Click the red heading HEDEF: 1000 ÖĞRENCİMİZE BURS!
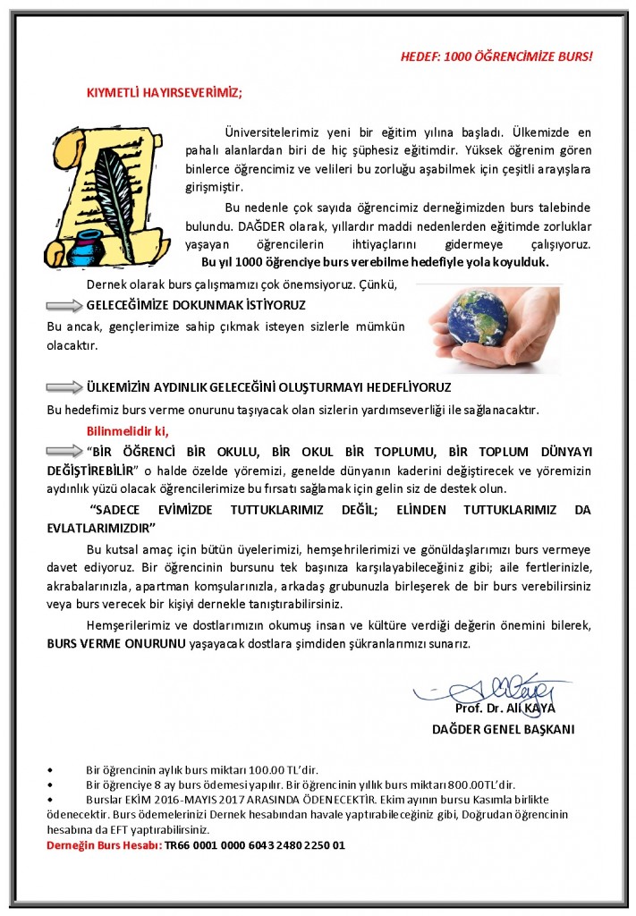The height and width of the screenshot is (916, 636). (x=496, y=56)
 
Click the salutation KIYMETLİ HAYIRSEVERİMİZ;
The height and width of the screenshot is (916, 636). (x=164, y=92)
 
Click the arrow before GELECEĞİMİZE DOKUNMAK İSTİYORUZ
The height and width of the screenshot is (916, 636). (x=64, y=305)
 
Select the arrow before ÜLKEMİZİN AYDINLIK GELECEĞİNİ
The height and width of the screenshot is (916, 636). (x=64, y=387)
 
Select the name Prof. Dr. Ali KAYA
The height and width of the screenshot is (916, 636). (x=505, y=708)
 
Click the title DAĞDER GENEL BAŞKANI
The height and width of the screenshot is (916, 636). (x=503, y=728)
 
